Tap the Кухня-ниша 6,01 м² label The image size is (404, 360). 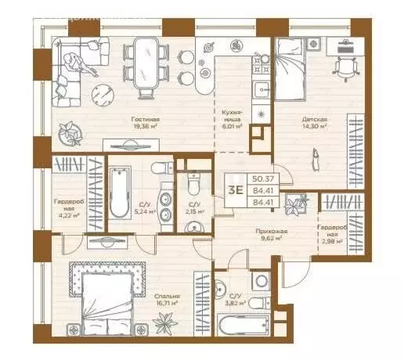pyautogui.click(x=231, y=119)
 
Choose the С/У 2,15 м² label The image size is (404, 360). pyautogui.click(x=191, y=208)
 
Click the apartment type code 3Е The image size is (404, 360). pyautogui.click(x=233, y=189)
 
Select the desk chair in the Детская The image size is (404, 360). pyautogui.click(x=344, y=69)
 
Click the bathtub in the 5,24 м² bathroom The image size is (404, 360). pyautogui.click(x=119, y=193)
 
